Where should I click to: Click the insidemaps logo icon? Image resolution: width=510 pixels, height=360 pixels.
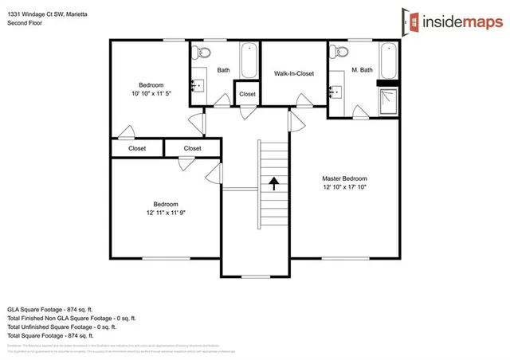click(x=413, y=19)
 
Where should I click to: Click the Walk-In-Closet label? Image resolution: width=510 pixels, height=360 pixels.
click(x=294, y=73)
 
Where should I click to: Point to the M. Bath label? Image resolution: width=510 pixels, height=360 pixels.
click(x=360, y=70)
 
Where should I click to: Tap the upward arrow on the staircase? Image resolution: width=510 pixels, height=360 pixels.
click(x=273, y=184)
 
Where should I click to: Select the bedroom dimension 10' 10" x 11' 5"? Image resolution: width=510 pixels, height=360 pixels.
click(x=151, y=94)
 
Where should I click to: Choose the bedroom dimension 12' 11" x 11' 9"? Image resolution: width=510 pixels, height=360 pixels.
click(x=166, y=213)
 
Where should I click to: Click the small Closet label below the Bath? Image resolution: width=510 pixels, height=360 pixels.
click(x=247, y=94)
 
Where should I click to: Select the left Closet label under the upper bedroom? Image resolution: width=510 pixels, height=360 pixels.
click(x=137, y=148)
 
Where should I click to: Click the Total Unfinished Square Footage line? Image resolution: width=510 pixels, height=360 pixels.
click(x=62, y=327)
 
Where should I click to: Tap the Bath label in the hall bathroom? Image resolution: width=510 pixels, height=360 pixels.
click(x=223, y=70)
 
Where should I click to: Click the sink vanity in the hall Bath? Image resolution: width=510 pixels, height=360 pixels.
click(x=198, y=86)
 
